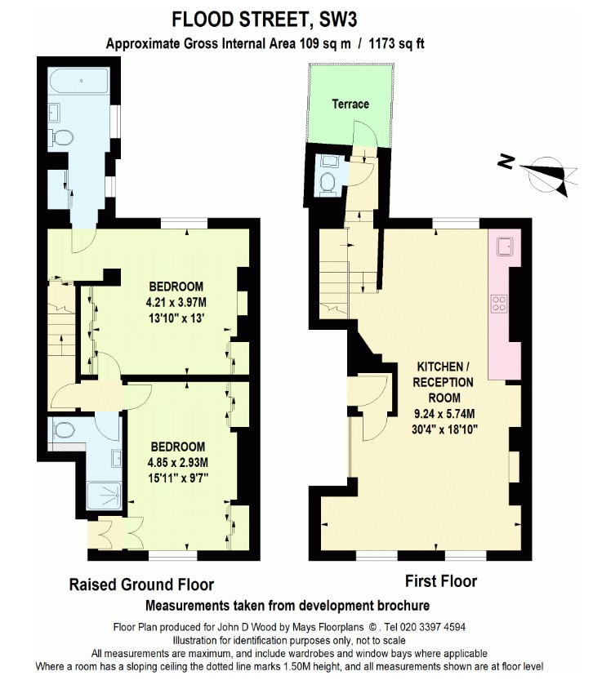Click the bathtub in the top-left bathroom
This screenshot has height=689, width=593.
coord(79,81)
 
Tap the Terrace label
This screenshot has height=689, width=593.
coord(350,104)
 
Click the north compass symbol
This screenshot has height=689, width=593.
coord(542,175)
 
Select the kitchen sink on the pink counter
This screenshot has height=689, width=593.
coord(505,247)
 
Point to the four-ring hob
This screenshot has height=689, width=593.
coord(499,304)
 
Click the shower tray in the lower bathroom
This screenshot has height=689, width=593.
coord(104,496)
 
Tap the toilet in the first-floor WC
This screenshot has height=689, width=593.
coord(328,183)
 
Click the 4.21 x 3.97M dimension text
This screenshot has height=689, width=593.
coord(176,302)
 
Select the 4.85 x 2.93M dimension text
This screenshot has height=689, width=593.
coord(177,462)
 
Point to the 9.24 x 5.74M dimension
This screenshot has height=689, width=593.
coord(444,414)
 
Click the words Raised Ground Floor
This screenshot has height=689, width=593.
coord(141,585)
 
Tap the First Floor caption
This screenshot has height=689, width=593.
coord(441,581)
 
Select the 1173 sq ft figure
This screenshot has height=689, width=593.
coord(396,44)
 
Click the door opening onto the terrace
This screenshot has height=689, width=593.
coord(365,134)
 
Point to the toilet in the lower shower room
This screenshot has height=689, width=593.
coord(65,429)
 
